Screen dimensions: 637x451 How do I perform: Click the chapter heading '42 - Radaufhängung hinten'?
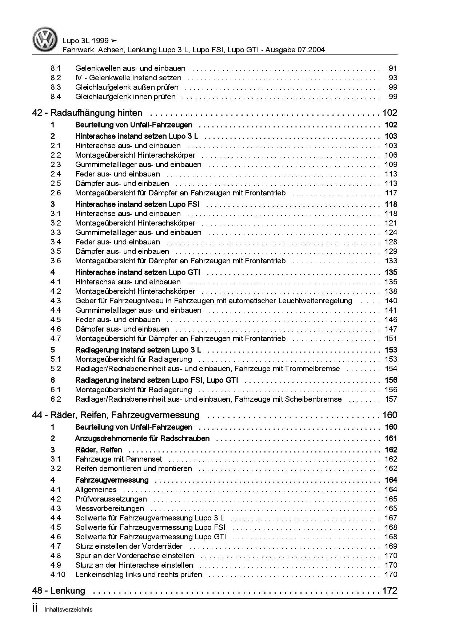pos(87,113)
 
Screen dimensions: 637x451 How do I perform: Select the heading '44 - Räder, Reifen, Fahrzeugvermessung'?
pos(116,415)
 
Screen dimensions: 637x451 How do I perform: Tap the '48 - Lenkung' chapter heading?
pos(59,591)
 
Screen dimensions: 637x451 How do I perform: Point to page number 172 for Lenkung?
pos(390,591)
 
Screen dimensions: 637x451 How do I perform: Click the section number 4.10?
pos(58,575)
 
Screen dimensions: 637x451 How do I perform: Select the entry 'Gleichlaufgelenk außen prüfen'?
pos(127,87)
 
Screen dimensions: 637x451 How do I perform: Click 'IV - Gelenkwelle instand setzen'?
pos(128,78)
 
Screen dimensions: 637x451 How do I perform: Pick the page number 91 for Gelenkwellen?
pos(393,68)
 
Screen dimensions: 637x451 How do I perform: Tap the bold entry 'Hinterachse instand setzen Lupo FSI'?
pos(137,204)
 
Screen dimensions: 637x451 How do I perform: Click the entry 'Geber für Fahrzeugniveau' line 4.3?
pos(213,301)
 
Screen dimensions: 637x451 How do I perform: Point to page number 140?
pos(391,301)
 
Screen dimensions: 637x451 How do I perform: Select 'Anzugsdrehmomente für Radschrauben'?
pos(142,438)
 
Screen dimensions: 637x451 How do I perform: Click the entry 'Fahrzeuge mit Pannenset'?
pos(119,459)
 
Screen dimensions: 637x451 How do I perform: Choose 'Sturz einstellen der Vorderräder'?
pos(129,546)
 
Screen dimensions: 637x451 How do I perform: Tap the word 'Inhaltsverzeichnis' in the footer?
pos(68,609)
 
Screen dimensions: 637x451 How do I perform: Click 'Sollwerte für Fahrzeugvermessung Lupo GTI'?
pos(151,537)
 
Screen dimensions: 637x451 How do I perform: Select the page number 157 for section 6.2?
pos(391,399)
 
